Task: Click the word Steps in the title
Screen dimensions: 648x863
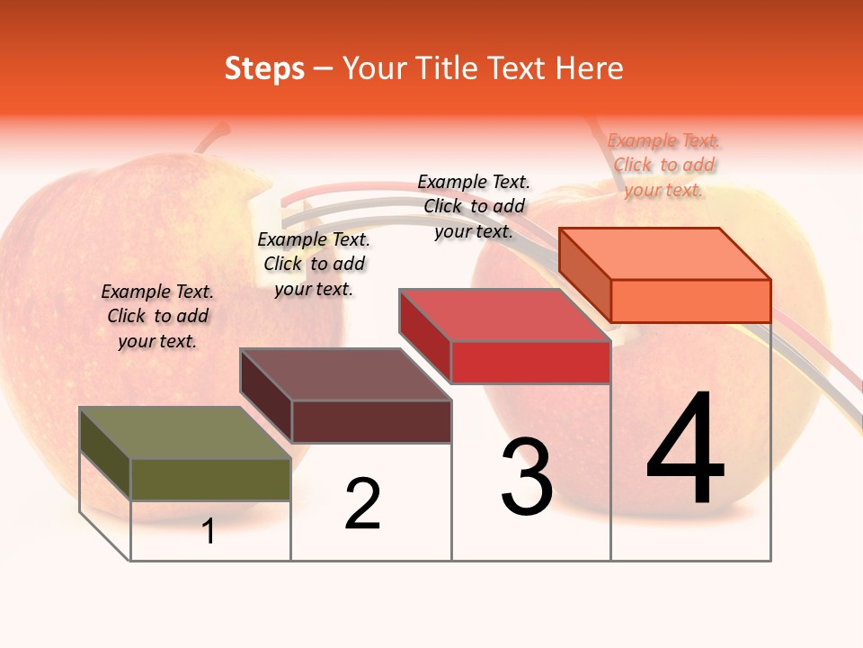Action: (x=264, y=68)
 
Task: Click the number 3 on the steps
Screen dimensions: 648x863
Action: (x=527, y=477)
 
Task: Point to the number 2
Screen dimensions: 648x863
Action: (x=362, y=504)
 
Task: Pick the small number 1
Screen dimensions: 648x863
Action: (x=209, y=531)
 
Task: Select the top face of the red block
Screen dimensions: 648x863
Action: (x=504, y=315)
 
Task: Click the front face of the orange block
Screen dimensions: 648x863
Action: (x=690, y=301)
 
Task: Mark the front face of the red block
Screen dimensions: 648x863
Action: (x=530, y=362)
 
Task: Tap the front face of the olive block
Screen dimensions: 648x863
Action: (x=210, y=479)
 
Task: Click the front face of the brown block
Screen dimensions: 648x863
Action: (x=370, y=421)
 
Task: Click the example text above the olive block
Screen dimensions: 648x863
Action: (x=157, y=316)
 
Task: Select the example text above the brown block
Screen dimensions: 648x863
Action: (x=314, y=264)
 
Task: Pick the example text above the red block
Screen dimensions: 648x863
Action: (x=474, y=206)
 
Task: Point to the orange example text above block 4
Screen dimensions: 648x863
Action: (x=664, y=165)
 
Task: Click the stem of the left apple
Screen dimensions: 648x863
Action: (x=212, y=139)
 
